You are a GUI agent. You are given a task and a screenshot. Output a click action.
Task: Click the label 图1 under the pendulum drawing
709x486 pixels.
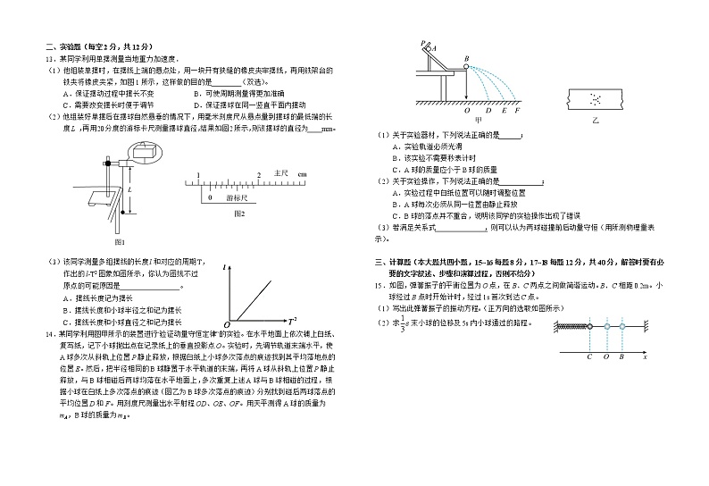(x=119, y=242)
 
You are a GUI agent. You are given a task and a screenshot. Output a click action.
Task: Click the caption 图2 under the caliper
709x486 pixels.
(x=238, y=214)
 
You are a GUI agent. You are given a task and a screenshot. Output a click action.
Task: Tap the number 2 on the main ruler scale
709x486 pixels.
(x=258, y=174)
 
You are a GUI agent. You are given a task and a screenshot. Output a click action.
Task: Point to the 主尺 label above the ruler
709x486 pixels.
(x=280, y=172)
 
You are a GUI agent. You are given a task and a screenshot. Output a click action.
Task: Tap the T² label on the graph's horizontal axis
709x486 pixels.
(x=292, y=319)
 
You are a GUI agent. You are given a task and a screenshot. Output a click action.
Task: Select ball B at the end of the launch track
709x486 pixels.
(x=466, y=66)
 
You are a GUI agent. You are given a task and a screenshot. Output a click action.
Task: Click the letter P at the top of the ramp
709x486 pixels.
(x=422, y=43)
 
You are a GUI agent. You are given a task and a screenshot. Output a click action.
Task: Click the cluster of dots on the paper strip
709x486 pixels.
(x=596, y=96)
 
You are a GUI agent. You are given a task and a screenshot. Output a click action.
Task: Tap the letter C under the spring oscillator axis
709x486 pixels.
(x=589, y=356)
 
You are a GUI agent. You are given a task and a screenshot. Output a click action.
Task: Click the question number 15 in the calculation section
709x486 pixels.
(x=379, y=284)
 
